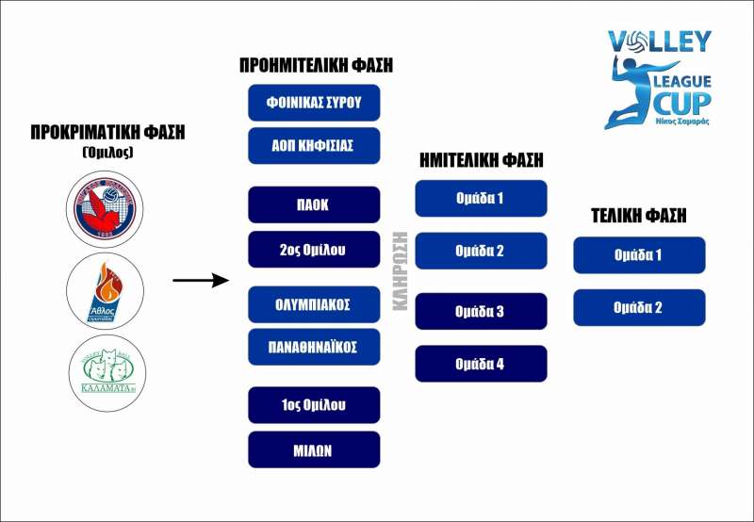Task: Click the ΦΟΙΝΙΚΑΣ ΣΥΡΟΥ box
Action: click(314, 102)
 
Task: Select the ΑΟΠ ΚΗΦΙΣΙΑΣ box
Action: click(314, 146)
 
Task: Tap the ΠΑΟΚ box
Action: click(314, 204)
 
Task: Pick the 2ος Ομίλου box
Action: click(314, 250)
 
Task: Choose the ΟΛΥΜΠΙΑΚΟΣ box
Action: click(314, 304)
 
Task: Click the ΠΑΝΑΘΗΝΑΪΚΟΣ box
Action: click(314, 347)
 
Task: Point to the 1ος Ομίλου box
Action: click(314, 405)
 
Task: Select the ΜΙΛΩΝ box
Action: click(314, 449)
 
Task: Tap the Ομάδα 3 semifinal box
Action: click(481, 311)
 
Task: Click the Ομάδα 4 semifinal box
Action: click(481, 364)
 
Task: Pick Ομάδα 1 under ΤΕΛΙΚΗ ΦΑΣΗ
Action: click(639, 254)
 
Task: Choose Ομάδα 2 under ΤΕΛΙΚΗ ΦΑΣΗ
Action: click(639, 307)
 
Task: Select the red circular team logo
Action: click(107, 205)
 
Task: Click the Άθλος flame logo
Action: click(107, 290)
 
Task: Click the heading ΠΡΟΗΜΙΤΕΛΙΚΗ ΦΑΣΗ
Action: click(316, 66)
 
